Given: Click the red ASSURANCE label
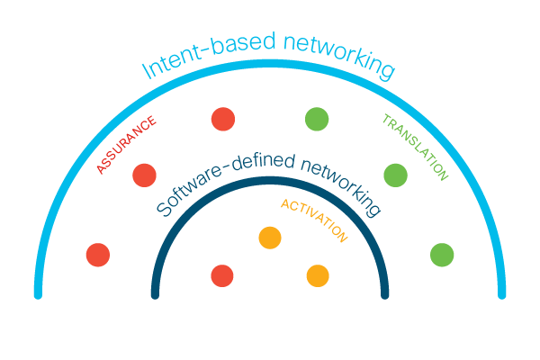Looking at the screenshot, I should coord(126,145).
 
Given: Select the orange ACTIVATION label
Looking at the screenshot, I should coord(313,220).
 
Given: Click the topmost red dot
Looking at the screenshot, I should coord(222,118).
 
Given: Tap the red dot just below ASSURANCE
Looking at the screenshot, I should coord(144,175).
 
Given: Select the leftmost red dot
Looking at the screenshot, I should coord(97,255).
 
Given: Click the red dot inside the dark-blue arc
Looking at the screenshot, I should coord(221,275).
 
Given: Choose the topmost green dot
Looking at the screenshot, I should coord(317,118).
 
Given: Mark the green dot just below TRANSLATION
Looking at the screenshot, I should coord(395,175).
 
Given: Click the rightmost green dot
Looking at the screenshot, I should coord(441,255).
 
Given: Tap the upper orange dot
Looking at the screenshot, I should coord(269,238).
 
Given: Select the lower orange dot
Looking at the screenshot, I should coord(317,275).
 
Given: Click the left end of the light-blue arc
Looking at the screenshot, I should coord(38,292).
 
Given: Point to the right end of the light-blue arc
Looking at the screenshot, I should coord(502,292).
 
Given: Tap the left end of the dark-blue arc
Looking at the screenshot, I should coord(155,293).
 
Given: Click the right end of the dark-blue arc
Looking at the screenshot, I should coord(385,293).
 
